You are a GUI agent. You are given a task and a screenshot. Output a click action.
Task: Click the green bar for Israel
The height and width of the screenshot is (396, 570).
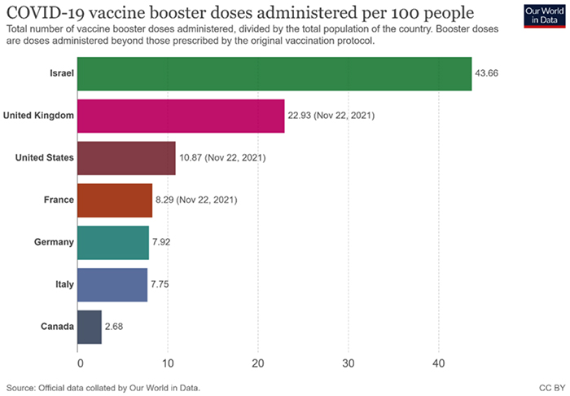274,73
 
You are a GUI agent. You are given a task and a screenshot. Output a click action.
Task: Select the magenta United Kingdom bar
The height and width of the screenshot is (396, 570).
181,116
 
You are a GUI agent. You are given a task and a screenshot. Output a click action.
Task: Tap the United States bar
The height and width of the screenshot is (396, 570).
126,157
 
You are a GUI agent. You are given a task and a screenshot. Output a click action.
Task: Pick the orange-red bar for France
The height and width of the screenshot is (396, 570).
115,200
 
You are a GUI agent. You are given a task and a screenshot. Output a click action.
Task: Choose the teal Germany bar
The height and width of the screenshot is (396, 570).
113,242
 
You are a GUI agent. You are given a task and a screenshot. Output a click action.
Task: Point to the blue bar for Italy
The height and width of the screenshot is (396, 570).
112,284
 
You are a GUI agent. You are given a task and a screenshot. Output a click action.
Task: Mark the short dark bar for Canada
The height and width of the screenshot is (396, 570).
90,327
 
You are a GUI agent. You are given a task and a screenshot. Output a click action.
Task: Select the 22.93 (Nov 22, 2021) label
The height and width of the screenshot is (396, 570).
331,116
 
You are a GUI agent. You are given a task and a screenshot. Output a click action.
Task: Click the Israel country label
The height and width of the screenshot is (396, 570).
61,73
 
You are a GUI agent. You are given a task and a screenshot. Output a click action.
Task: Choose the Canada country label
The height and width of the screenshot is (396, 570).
57,327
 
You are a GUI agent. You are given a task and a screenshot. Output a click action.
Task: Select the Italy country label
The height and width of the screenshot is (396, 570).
64,284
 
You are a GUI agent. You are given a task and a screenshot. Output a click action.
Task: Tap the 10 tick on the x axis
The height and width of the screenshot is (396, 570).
169,363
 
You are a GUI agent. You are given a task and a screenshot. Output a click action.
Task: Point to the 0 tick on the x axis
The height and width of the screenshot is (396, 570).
80,363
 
